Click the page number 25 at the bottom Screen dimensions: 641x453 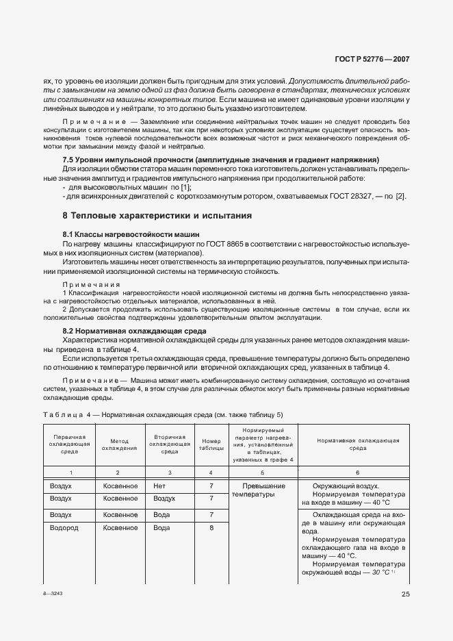[x=405, y=594]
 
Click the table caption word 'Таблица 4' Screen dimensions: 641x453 [x=63, y=415]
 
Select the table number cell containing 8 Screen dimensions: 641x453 [x=211, y=528]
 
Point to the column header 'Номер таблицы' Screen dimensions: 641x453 [x=211, y=445]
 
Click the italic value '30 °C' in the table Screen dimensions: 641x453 [x=376, y=571]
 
